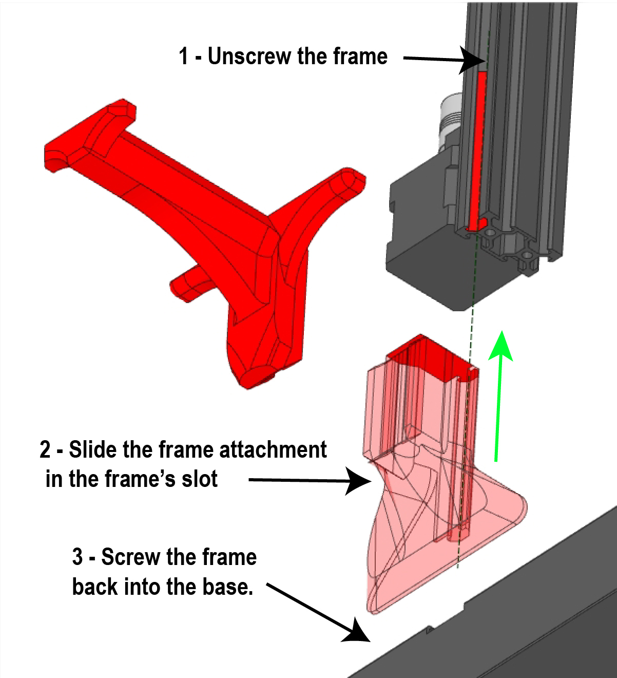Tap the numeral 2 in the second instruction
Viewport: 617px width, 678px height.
[x=45, y=450]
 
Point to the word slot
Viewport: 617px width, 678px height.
[x=197, y=479]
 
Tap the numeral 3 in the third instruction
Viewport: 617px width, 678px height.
[x=78, y=557]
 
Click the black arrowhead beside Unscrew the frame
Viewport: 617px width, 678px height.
[x=470, y=61]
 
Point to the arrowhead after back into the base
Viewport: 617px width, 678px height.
[x=356, y=630]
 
